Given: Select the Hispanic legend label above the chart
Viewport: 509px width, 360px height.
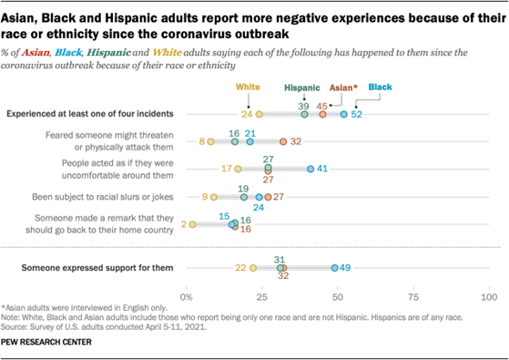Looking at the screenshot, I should [x=303, y=89].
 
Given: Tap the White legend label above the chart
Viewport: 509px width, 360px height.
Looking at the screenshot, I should [x=249, y=87].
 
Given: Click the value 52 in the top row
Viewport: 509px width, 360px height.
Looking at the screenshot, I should [x=357, y=114].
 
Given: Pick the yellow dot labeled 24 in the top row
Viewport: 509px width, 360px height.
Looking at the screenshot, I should [x=260, y=114].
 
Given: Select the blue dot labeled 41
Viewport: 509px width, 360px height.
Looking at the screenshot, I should [x=310, y=169].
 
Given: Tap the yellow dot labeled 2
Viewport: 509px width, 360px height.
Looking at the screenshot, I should [x=192, y=223].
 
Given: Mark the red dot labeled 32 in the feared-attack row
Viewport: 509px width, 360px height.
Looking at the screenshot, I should [x=283, y=141].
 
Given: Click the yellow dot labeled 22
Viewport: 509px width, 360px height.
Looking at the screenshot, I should [x=253, y=268].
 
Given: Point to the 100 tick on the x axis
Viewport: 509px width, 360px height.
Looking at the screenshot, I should [x=489, y=296].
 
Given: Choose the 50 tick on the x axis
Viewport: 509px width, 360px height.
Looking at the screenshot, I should [x=338, y=296].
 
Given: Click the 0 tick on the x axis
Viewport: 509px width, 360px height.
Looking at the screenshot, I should [x=187, y=296].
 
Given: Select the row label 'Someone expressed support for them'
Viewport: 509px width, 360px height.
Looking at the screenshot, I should [x=94, y=268].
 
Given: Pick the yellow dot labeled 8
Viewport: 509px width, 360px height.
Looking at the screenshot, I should [x=210, y=141].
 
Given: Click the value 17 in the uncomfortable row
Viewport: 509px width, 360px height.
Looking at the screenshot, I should [x=226, y=169].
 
